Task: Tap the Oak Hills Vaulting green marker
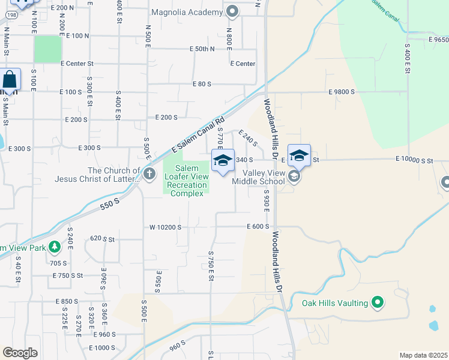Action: click(x=378, y=304)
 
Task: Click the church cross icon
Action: click(x=149, y=175)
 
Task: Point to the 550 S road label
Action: click(x=109, y=204)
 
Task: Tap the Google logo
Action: click(x=20, y=353)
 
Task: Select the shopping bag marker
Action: click(x=10, y=79)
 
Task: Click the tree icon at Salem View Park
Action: click(x=55, y=246)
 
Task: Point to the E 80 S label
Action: click(x=201, y=85)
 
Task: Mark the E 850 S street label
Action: click(x=67, y=301)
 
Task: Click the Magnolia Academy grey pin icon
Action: click(x=234, y=11)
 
